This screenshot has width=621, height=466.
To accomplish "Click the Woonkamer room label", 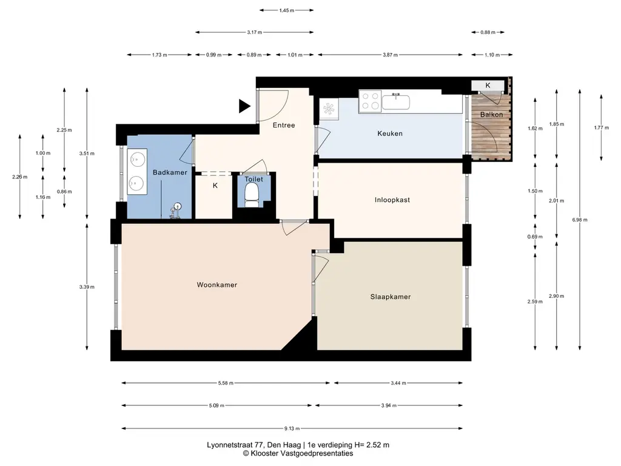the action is (x=217, y=285).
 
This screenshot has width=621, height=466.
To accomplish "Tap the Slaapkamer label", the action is (x=390, y=297).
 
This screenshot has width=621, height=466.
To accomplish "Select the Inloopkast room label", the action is (x=392, y=200).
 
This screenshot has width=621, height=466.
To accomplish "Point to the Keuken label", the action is (x=390, y=133).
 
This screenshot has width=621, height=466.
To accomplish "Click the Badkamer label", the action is (x=170, y=172).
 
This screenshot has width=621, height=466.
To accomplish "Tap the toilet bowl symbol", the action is (x=252, y=196).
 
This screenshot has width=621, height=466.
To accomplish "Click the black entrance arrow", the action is (x=244, y=106).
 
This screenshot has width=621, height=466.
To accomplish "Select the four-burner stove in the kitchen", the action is (x=371, y=101).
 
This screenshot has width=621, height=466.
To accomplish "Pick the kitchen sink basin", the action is (x=395, y=102).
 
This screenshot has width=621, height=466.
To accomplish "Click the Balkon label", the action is (x=491, y=115).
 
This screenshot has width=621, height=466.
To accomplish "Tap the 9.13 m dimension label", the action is (x=292, y=428).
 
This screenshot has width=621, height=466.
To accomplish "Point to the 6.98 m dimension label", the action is (x=579, y=220).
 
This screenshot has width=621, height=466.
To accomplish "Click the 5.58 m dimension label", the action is (x=226, y=383).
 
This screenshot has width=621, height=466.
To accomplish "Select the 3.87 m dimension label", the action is (x=390, y=55).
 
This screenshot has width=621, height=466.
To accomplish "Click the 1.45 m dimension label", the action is (x=286, y=11).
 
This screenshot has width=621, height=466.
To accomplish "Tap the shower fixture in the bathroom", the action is (x=175, y=211).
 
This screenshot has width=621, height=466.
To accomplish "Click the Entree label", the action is (x=284, y=125).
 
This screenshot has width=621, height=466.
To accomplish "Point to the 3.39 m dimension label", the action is (x=87, y=287).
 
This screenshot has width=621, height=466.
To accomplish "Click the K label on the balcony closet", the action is (x=488, y=85).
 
